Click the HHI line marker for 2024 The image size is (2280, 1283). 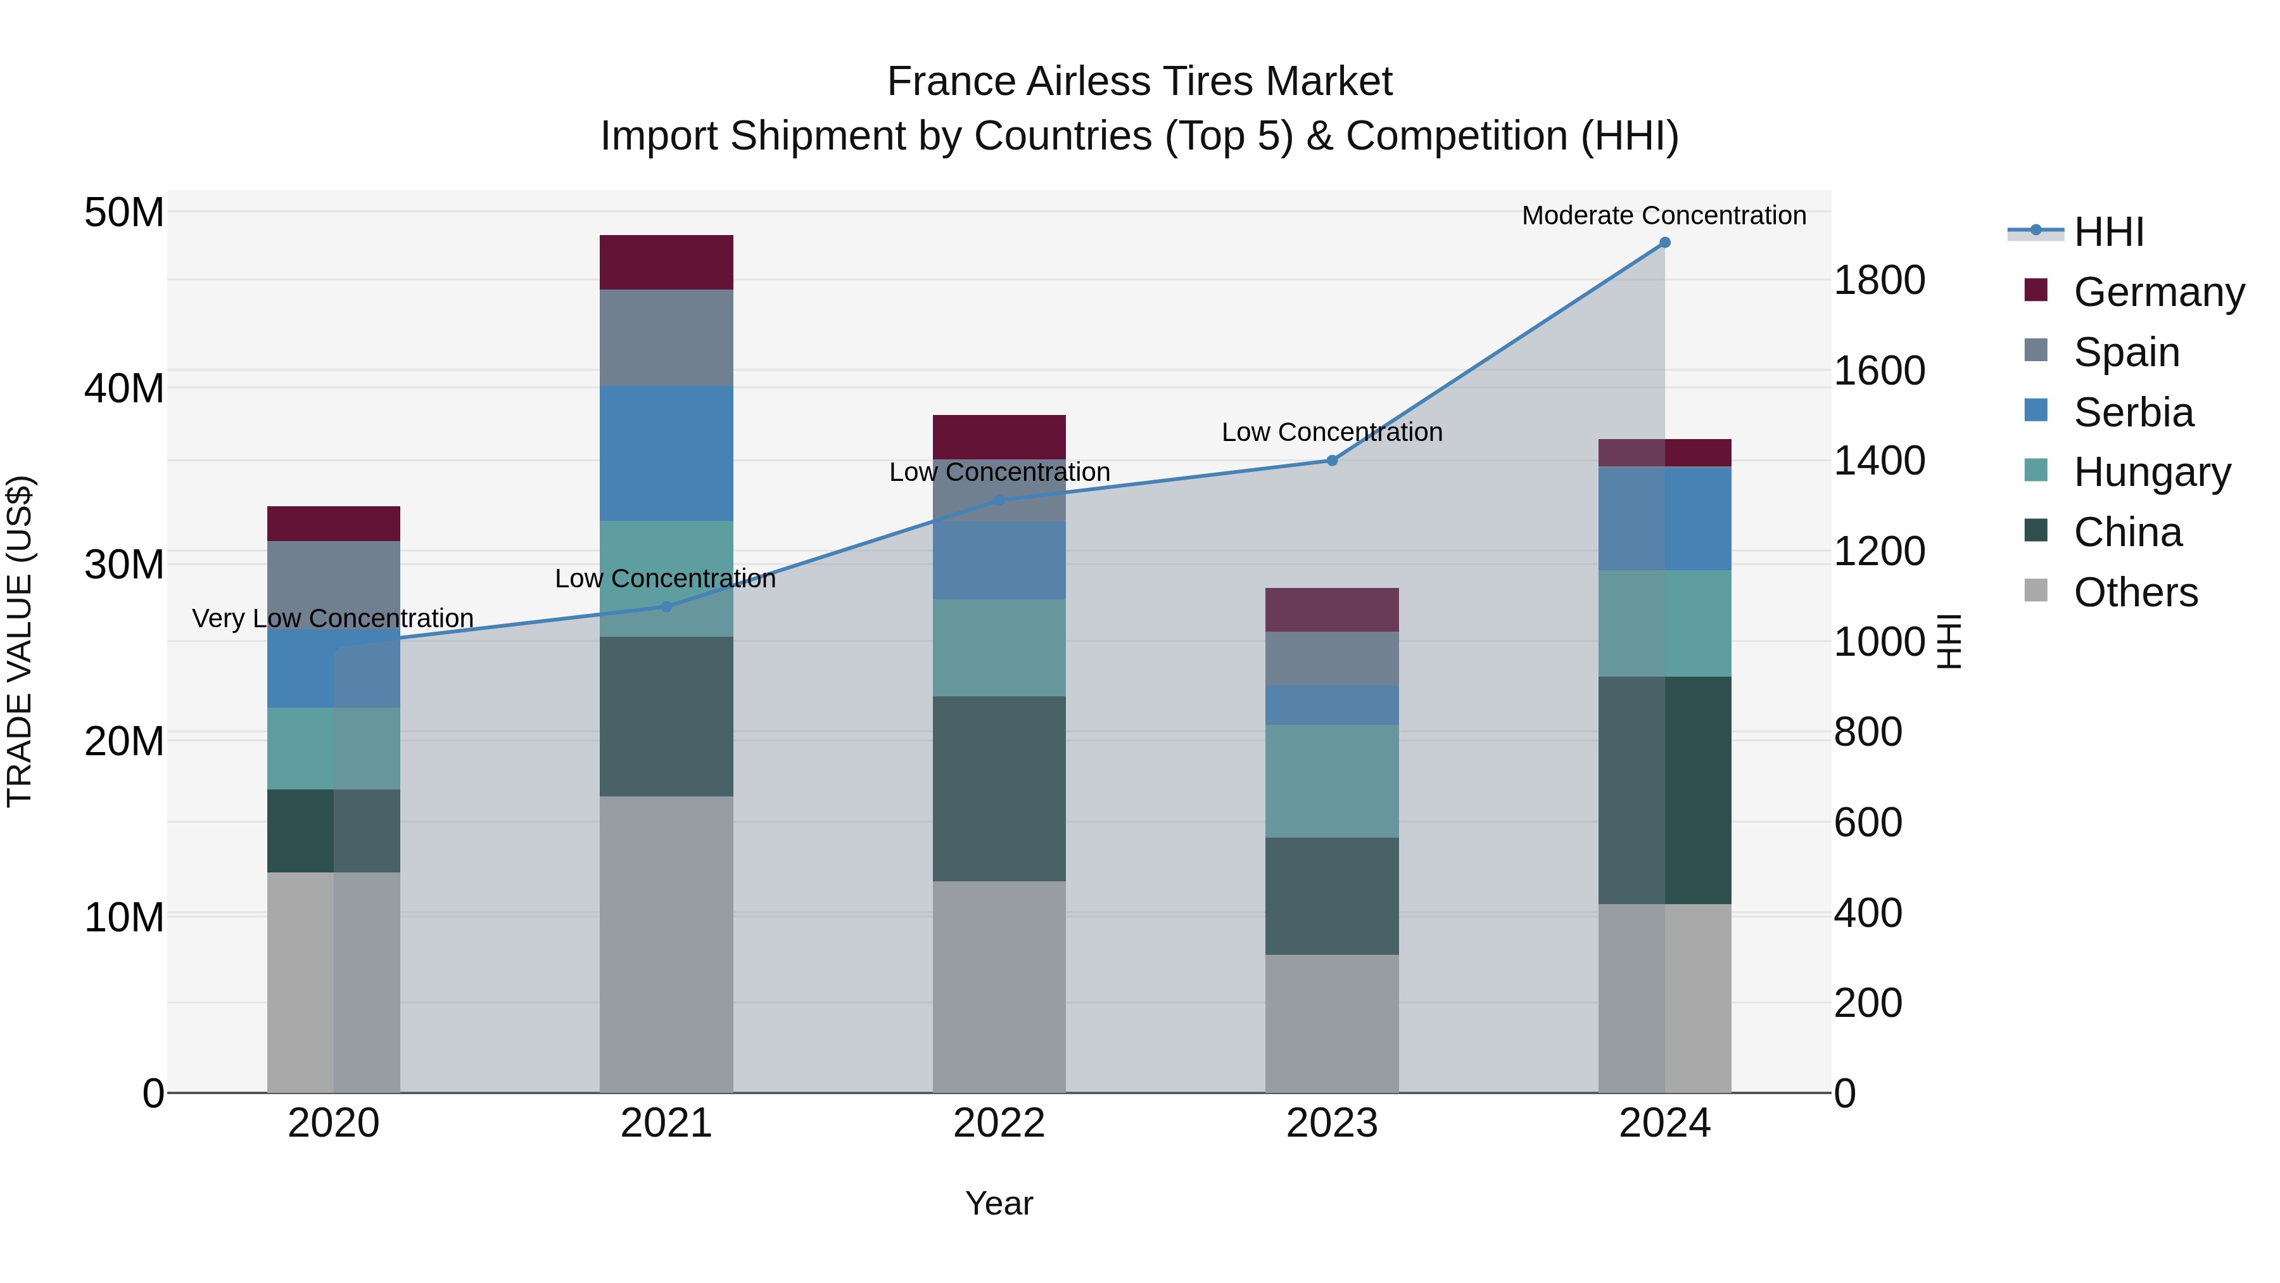point(1664,243)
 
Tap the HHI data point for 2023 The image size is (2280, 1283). point(1331,461)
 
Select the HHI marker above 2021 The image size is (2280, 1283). point(666,606)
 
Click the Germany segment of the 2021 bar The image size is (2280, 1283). point(666,262)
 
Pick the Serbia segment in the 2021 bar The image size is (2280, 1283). point(666,454)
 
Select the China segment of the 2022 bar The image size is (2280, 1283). point(999,788)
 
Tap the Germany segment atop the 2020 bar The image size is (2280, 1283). point(334,523)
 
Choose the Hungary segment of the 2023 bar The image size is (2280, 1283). point(1331,781)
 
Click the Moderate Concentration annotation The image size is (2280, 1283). point(1663,216)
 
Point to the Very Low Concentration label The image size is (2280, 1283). point(332,618)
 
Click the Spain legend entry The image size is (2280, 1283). point(2126,352)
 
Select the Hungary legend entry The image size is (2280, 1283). point(2151,472)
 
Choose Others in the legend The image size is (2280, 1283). point(2135,592)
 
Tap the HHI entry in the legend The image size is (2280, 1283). point(2108,232)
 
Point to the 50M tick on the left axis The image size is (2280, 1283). point(124,212)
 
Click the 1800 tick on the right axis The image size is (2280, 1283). point(1879,281)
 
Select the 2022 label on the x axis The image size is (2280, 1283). point(999,1123)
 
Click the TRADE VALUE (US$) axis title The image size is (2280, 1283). point(20,641)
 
